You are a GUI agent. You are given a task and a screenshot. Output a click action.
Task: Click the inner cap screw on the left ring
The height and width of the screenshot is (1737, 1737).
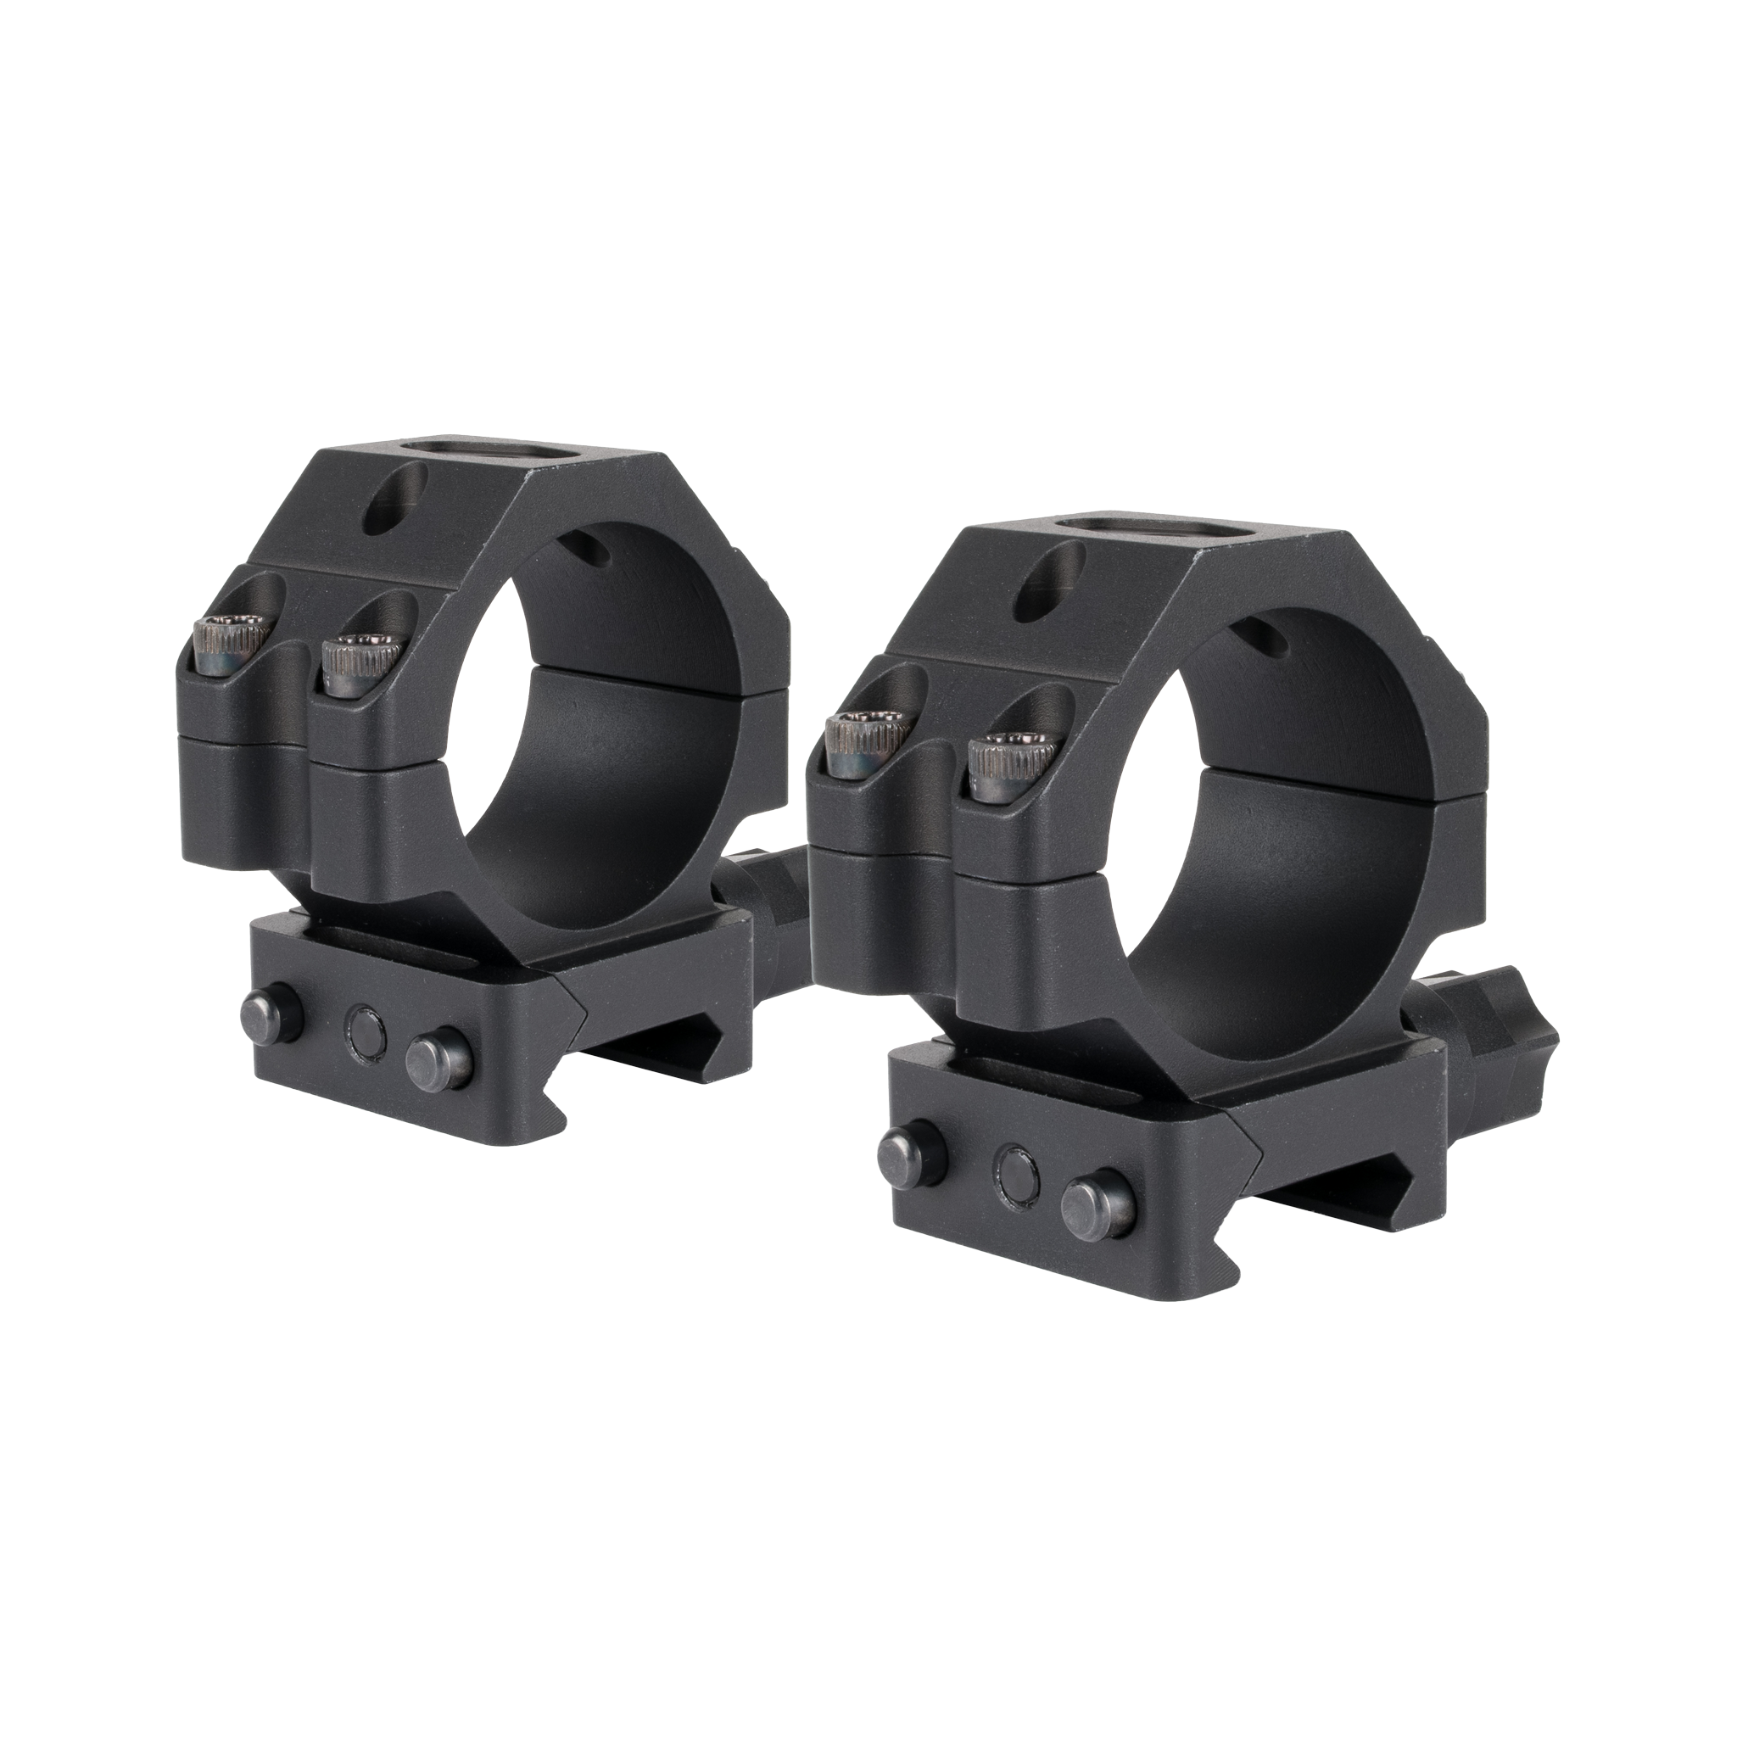[x=361, y=662]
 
